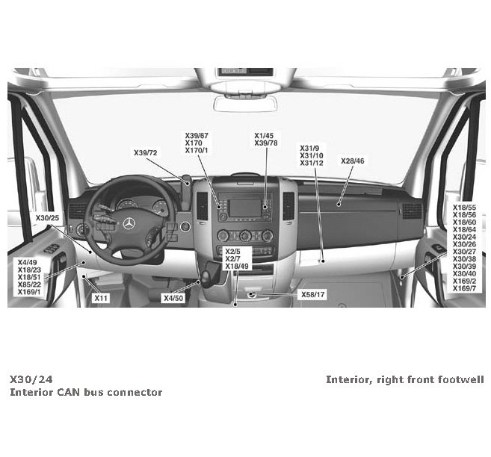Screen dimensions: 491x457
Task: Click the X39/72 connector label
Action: pyautogui.click(x=146, y=152)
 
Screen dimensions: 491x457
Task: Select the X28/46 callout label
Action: pyautogui.click(x=353, y=161)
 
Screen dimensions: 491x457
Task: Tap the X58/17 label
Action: pyautogui.click(x=312, y=294)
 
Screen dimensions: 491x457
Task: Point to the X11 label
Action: pyautogui.click(x=101, y=298)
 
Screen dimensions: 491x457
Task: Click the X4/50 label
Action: pyautogui.click(x=173, y=298)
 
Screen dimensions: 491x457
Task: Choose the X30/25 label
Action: pyautogui.click(x=47, y=217)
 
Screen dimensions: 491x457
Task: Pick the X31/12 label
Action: pyautogui.click(x=311, y=163)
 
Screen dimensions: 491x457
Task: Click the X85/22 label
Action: pyautogui.click(x=29, y=284)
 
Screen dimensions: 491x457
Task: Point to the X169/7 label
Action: pyautogui.click(x=464, y=288)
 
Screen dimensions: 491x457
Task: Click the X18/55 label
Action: pyautogui.click(x=464, y=207)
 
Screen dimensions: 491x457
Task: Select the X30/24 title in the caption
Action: pyautogui.click(x=31, y=379)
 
